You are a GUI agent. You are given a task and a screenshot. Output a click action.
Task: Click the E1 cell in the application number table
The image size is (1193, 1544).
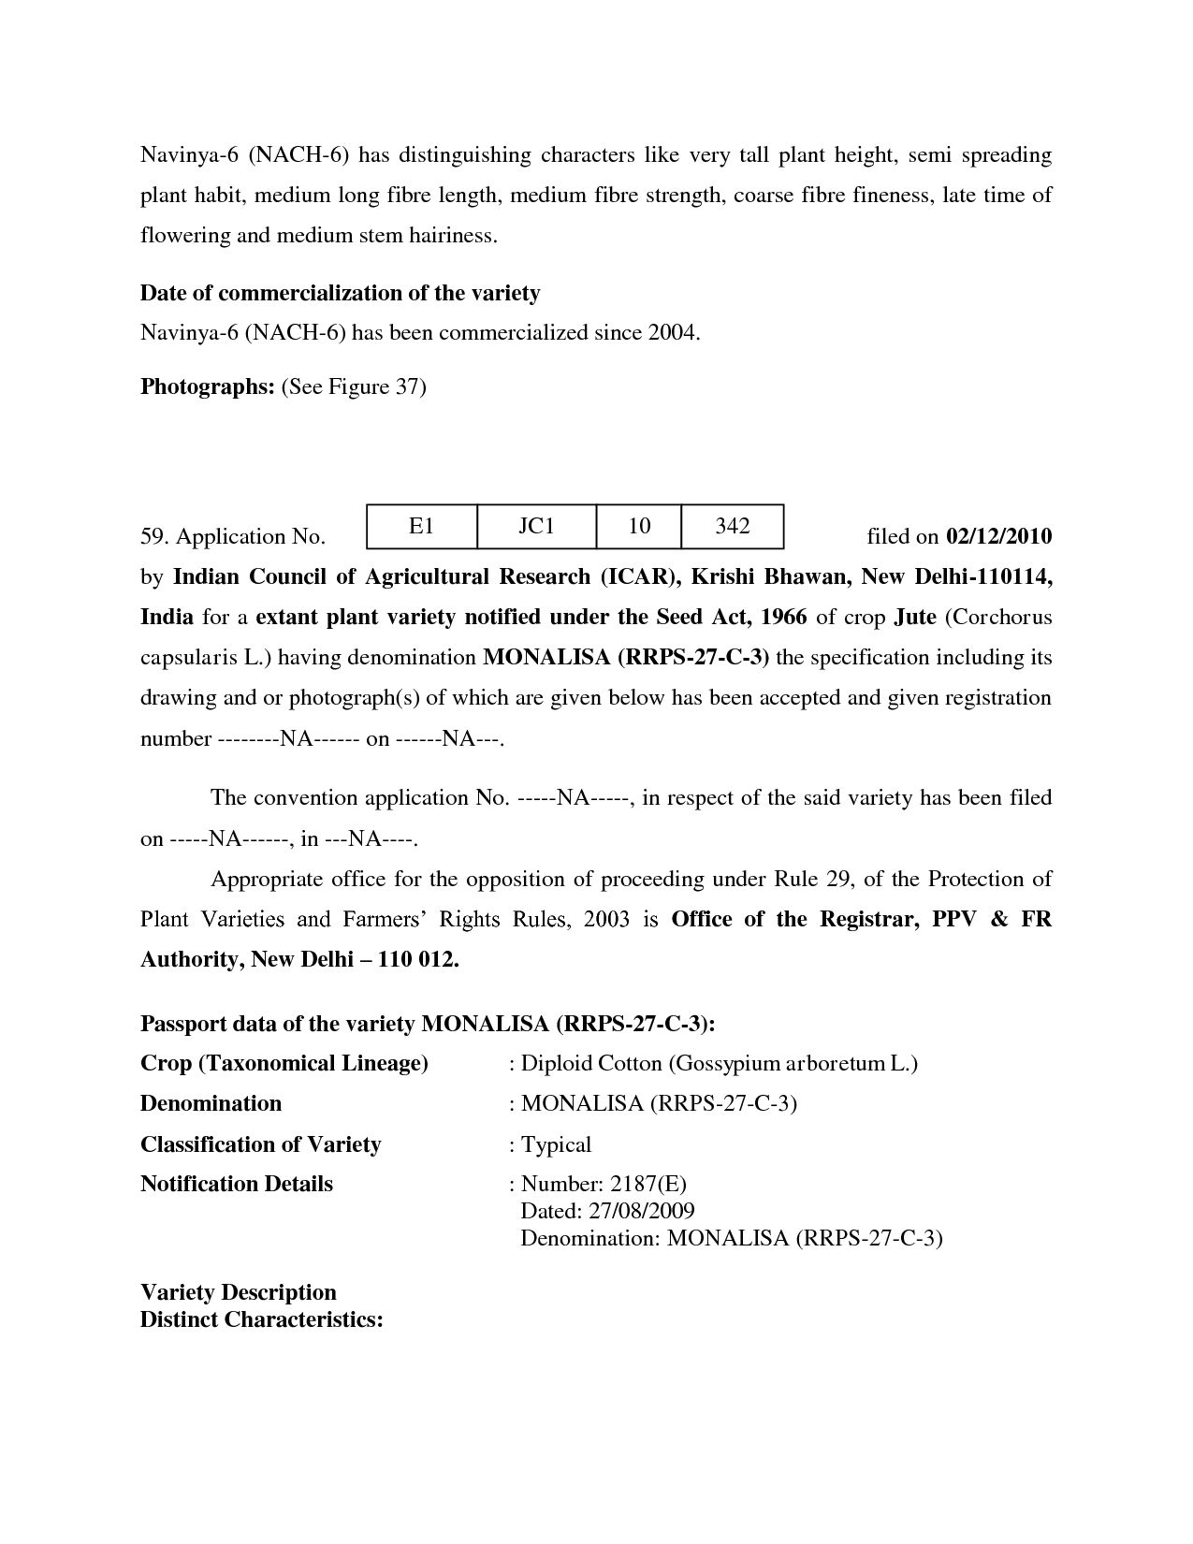421,526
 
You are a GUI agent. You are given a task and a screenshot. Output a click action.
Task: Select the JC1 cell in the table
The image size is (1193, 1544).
536,526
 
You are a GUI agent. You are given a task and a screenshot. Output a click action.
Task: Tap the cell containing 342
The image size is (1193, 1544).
732,526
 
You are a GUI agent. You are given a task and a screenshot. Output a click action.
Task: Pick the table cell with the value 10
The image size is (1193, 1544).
639,526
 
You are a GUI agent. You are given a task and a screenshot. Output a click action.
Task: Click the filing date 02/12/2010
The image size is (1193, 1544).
998,536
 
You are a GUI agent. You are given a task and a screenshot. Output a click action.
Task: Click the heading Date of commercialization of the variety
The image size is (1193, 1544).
340,293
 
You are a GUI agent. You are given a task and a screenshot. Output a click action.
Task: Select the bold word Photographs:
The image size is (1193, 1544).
207,386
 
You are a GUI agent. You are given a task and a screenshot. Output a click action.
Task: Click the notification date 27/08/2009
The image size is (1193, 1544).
642,1211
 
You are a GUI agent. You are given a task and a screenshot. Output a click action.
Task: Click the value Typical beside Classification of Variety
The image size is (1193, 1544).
556,1144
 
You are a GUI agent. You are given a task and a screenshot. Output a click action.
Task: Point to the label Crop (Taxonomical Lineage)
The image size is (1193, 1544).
284,1064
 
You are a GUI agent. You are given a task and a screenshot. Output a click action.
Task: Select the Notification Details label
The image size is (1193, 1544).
236,1184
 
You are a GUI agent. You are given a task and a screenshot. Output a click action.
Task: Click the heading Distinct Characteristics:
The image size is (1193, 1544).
262,1319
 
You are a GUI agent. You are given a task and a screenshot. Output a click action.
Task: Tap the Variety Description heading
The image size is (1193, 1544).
238,1292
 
